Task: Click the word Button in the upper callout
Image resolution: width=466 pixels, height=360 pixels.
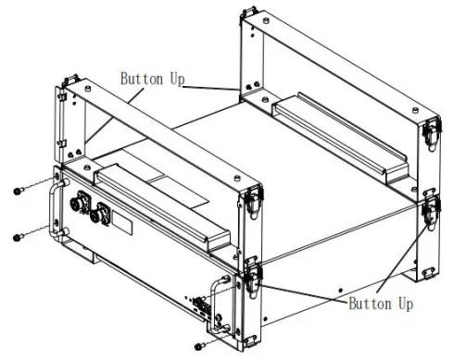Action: pos(141,79)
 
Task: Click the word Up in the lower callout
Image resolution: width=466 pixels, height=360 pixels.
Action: pos(401,304)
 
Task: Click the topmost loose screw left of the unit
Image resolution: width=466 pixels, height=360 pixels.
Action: pos(18,190)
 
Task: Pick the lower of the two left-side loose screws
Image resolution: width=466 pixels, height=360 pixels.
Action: pos(18,238)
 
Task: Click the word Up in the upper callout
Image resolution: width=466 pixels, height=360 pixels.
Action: pos(176,79)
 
